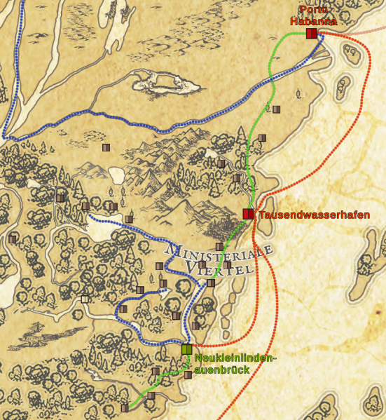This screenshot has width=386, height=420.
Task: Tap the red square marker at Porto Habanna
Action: pyautogui.click(x=311, y=33)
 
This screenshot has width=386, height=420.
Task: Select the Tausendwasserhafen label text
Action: pyautogui.click(x=314, y=215)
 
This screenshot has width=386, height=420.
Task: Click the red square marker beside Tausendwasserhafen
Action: pyautogui.click(x=248, y=214)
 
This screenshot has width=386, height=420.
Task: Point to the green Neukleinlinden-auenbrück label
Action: pyautogui.click(x=235, y=364)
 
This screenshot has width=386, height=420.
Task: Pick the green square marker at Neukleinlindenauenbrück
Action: pyautogui.click(x=186, y=349)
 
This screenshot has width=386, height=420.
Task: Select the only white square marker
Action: pyautogui.click(x=85, y=299)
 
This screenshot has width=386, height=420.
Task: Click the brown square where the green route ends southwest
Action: pyautogui.click(x=125, y=407)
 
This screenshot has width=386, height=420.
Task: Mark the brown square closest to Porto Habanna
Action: pyautogui.click(x=276, y=109)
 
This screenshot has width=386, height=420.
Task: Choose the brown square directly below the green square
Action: pyautogui.click(x=188, y=374)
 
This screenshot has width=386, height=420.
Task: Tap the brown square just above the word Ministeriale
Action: pyautogui.click(x=219, y=246)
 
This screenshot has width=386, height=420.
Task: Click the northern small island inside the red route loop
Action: pyautogui.click(x=343, y=87)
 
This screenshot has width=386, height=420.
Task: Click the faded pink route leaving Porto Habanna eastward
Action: pyautogui.click(x=357, y=32)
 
